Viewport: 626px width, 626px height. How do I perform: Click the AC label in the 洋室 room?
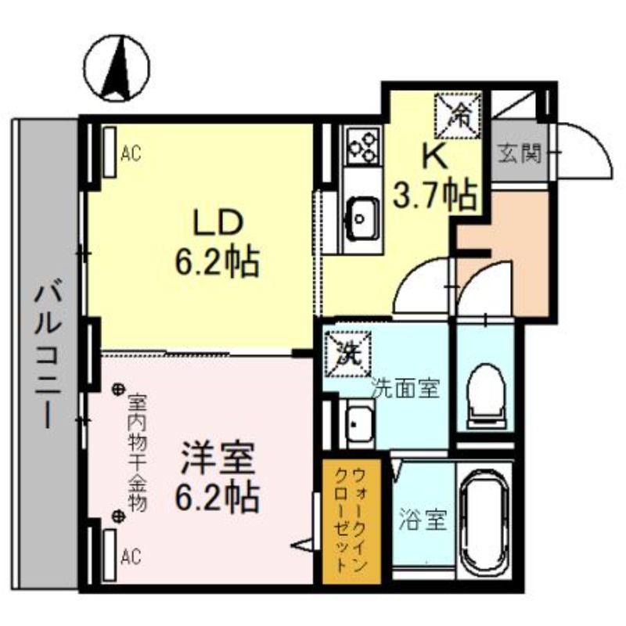(x=131, y=557)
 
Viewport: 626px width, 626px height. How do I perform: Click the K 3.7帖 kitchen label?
(x=435, y=176)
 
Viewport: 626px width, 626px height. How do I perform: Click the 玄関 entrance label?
(x=519, y=153)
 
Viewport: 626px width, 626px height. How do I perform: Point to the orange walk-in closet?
(x=351, y=520)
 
